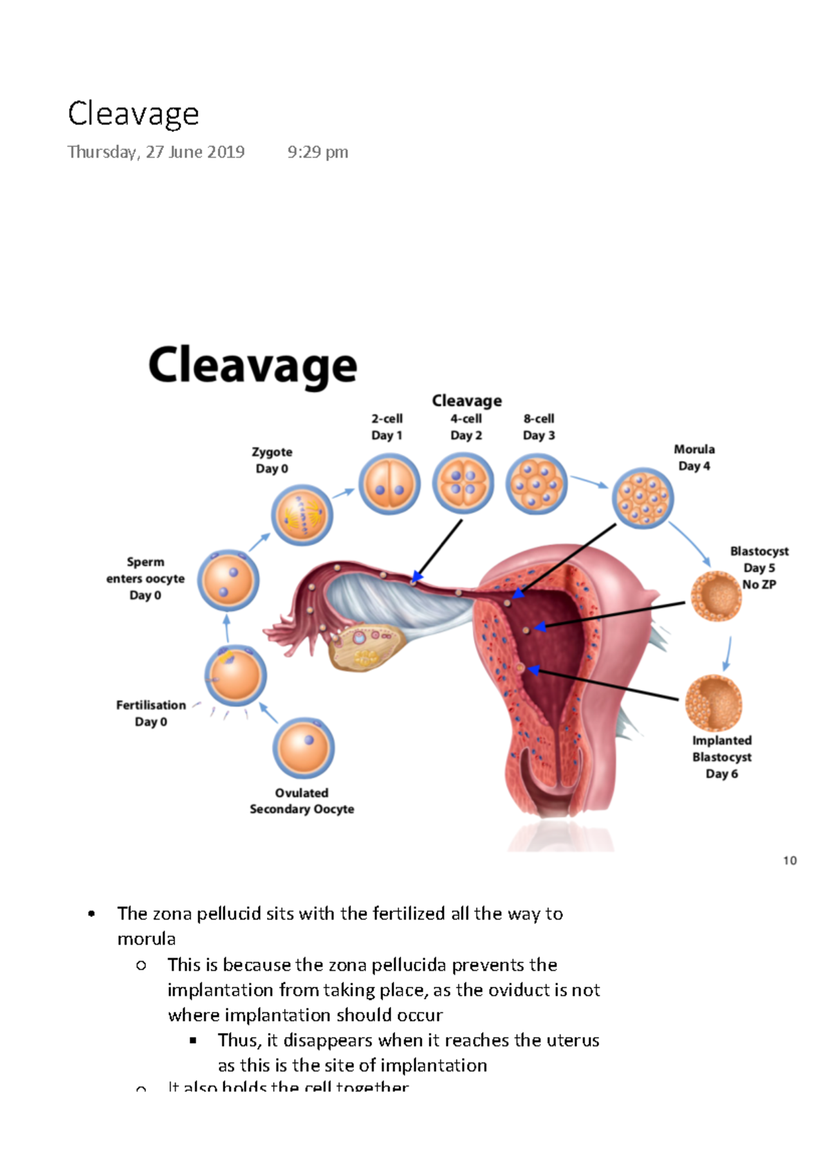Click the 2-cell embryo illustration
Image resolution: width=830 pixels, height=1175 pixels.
coord(389,484)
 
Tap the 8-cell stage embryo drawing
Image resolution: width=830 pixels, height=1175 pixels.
coord(536,484)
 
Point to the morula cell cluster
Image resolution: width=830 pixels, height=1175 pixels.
coord(643,498)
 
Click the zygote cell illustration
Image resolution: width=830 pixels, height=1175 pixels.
coord(302,515)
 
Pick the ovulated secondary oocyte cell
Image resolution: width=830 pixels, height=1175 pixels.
coord(304,748)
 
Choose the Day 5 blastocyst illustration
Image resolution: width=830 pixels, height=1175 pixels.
coord(716,596)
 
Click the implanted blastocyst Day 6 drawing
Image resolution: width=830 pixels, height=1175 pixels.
coord(713,703)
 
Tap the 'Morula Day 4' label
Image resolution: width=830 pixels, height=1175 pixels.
coord(694,457)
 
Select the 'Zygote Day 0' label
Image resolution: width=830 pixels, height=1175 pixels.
coord(272,460)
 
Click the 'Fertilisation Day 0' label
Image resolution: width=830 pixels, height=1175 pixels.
coord(151,713)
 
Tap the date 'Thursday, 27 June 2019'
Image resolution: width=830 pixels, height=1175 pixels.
coord(156,152)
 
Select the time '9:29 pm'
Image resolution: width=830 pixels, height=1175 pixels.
coord(317,152)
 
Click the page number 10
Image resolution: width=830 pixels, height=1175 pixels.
coord(790,861)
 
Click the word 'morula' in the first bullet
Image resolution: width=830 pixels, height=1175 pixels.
coord(147,939)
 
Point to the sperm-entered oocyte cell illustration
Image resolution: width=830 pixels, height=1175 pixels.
coord(228,581)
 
